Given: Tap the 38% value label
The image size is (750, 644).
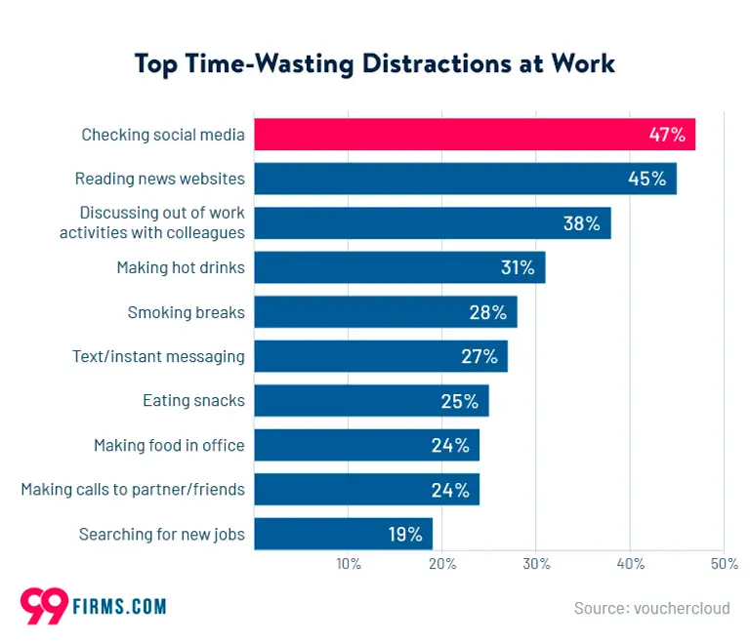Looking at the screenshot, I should click(x=581, y=223).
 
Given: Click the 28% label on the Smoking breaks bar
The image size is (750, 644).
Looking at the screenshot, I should click(x=487, y=312).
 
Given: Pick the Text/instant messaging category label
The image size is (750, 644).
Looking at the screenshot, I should click(x=158, y=356).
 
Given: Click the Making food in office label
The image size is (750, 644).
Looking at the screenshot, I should click(x=169, y=445).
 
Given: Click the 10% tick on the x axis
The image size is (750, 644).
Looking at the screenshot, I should click(x=349, y=564).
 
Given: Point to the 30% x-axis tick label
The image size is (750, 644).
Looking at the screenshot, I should click(x=536, y=564).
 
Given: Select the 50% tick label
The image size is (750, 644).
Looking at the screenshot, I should click(x=724, y=564).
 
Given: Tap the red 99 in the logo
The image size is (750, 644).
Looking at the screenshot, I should click(x=44, y=605).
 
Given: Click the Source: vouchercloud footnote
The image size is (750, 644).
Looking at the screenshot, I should click(x=651, y=608).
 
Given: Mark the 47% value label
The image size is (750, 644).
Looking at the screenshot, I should click(x=667, y=135).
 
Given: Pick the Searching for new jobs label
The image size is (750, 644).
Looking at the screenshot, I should click(x=161, y=534).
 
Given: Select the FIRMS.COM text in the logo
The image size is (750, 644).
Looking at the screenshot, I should click(x=119, y=607).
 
